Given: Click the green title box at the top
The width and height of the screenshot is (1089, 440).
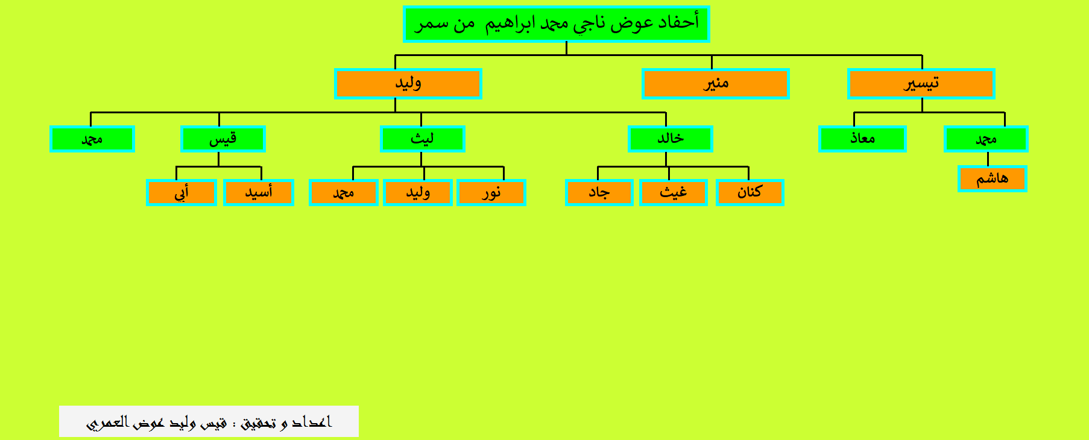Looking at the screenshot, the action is click(x=556, y=24).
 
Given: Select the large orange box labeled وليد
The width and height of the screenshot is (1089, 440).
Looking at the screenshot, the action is click(x=408, y=83).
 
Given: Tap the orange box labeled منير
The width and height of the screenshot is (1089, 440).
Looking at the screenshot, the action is click(x=715, y=83).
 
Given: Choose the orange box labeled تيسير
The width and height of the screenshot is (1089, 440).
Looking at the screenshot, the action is click(x=921, y=83).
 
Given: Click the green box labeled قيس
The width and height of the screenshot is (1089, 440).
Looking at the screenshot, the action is click(x=223, y=139).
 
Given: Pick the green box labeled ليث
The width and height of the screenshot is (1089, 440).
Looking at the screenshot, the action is click(x=422, y=139).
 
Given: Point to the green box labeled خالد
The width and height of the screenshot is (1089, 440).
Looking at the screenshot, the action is click(x=670, y=139).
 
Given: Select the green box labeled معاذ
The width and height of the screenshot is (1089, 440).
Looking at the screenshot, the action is click(x=862, y=139).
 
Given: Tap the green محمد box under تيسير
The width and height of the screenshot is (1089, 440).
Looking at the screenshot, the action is click(x=986, y=139).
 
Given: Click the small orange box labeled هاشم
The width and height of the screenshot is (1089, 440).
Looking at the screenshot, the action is click(x=992, y=178).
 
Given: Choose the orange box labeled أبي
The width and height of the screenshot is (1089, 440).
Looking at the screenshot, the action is click(x=181, y=192).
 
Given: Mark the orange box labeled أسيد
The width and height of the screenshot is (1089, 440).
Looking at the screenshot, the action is click(x=258, y=192).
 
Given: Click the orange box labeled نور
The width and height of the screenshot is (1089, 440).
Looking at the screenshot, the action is click(x=491, y=192).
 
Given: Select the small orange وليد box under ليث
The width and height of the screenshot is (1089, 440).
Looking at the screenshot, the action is click(x=417, y=192).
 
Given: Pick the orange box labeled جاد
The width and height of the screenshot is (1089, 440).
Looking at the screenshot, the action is click(x=599, y=192).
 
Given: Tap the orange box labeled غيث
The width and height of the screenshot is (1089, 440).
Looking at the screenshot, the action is click(x=673, y=192).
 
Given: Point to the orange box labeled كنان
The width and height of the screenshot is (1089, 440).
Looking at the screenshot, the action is click(x=750, y=192).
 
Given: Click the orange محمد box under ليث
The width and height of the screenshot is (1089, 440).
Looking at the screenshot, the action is click(x=343, y=192).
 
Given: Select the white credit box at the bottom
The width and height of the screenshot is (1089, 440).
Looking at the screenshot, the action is click(x=209, y=421).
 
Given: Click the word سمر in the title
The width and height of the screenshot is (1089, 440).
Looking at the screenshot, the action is click(x=432, y=24).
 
